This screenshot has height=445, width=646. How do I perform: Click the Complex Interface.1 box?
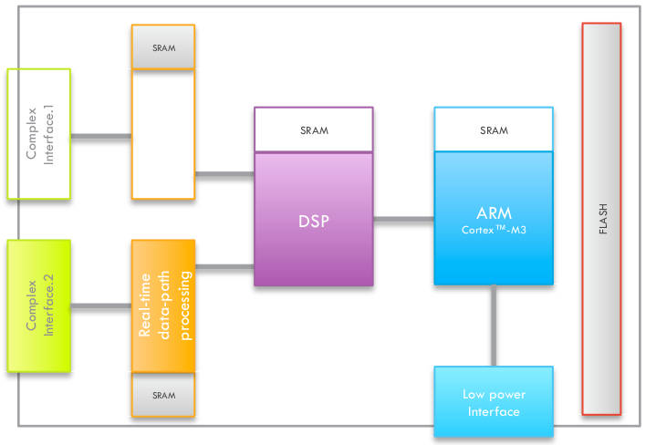(39, 133)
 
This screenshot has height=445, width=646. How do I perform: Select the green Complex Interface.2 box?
(39, 305)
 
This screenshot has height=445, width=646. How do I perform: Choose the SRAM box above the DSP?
(313, 130)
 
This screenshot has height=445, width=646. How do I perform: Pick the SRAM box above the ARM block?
(494, 130)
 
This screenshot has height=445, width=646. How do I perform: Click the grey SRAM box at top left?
(163, 47)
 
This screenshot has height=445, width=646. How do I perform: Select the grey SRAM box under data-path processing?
(163, 395)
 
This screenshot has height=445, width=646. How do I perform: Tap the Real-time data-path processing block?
(163, 305)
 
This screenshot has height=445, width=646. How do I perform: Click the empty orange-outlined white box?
(163, 134)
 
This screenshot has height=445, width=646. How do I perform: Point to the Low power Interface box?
(494, 402)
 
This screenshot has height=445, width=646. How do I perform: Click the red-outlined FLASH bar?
(601, 219)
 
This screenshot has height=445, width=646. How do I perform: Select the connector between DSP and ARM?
(403, 219)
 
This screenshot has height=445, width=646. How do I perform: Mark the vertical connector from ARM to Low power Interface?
(494, 326)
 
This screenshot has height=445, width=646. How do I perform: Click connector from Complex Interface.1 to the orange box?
(101, 138)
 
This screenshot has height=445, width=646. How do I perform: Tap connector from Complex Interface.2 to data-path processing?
(101, 306)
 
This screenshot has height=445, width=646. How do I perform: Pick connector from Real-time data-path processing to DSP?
(224, 266)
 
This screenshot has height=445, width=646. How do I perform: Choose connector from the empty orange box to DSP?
(224, 173)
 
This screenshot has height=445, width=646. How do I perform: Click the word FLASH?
(602, 219)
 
